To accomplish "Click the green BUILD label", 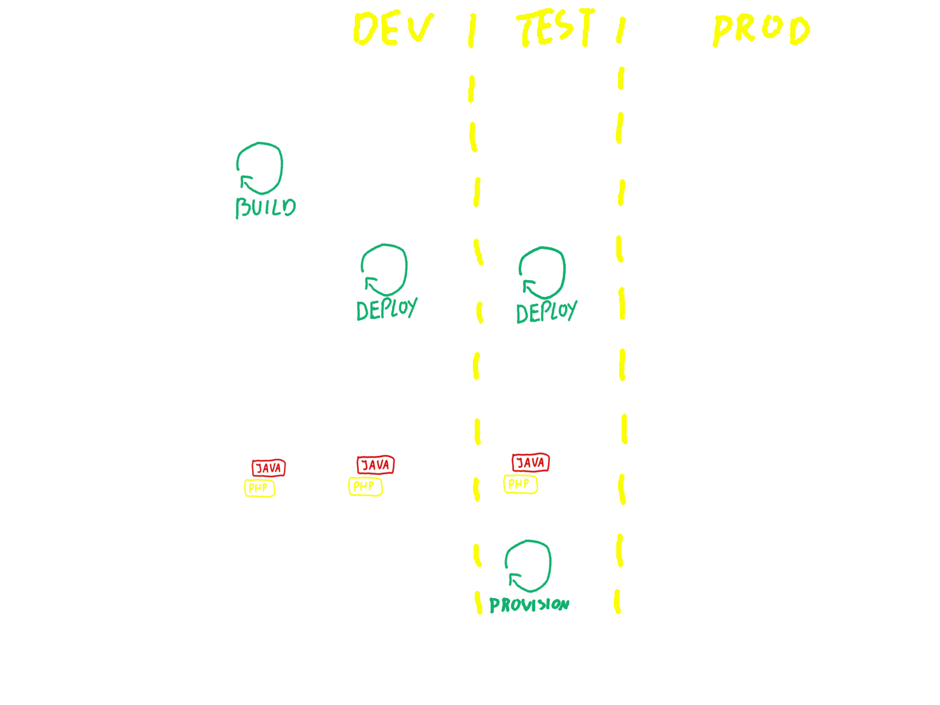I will click(266, 207).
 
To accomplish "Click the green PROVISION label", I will click(529, 605).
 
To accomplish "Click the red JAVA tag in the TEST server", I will click(531, 463).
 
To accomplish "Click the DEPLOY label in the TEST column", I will click(546, 312).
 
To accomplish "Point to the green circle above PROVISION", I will click(528, 565).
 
